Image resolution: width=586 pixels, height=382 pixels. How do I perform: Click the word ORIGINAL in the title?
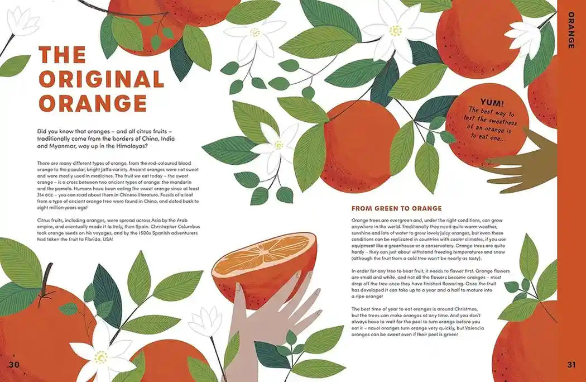click(102, 79)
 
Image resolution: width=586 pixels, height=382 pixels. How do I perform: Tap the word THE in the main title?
click(63, 55)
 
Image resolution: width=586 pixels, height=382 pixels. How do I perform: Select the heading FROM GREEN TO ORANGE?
click(396, 208)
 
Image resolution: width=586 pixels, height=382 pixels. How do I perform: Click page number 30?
click(13, 365)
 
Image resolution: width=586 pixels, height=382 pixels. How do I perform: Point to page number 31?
click(571, 365)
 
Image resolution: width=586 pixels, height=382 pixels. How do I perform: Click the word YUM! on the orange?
click(492, 103)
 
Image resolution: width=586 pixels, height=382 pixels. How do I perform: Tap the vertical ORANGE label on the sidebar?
click(571, 30)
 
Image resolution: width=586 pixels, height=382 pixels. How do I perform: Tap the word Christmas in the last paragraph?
click(466, 309)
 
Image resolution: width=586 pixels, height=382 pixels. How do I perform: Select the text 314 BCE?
click(45, 195)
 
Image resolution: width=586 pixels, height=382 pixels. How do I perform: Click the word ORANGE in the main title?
click(93, 103)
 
